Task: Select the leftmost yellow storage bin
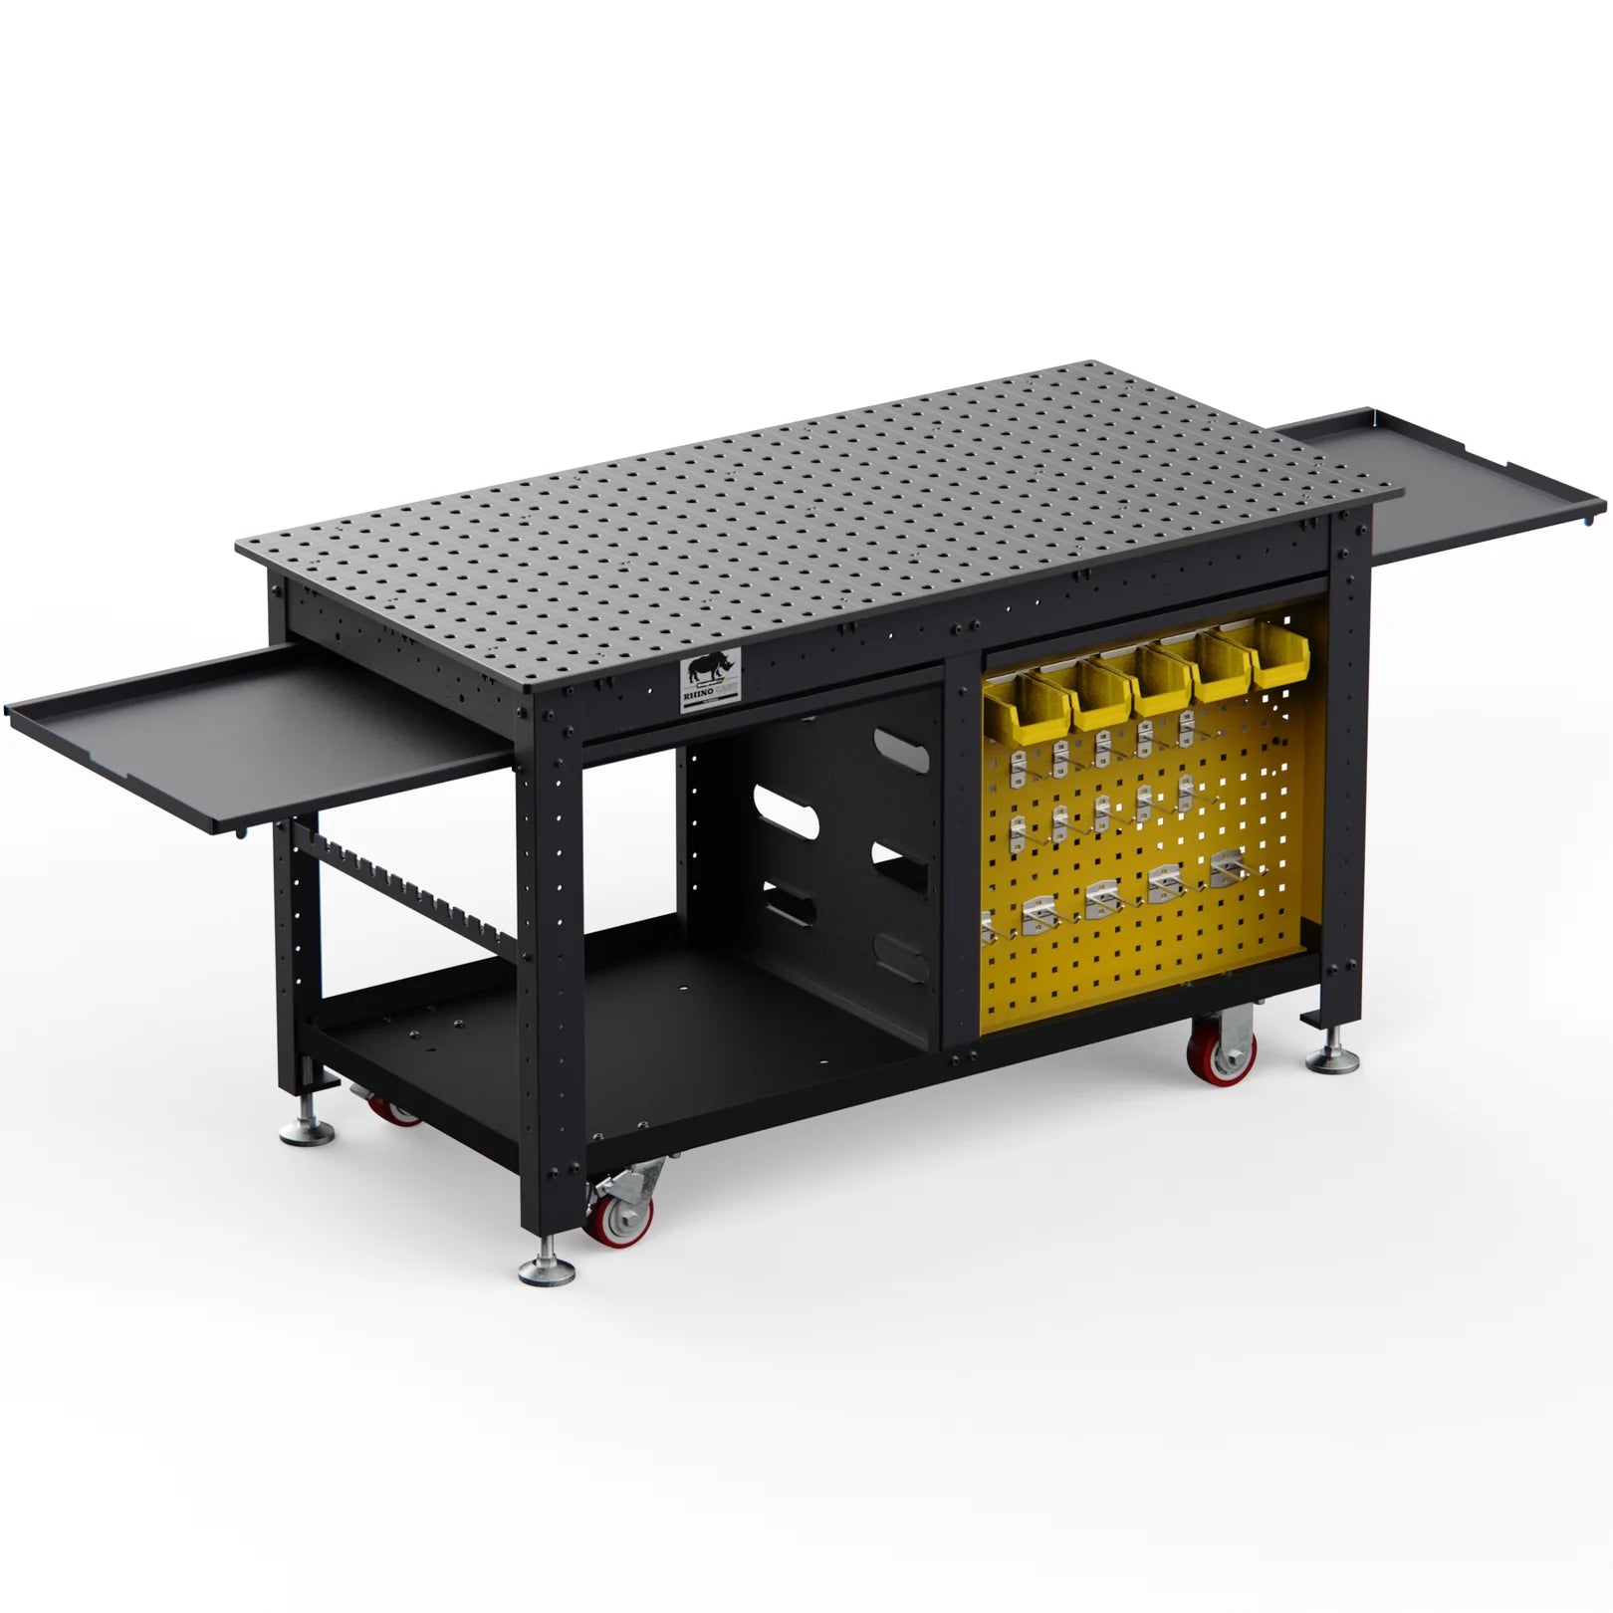point(1012,701)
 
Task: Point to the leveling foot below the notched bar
point(305,1130)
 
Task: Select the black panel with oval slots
point(836,826)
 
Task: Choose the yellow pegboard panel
point(1145,896)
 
